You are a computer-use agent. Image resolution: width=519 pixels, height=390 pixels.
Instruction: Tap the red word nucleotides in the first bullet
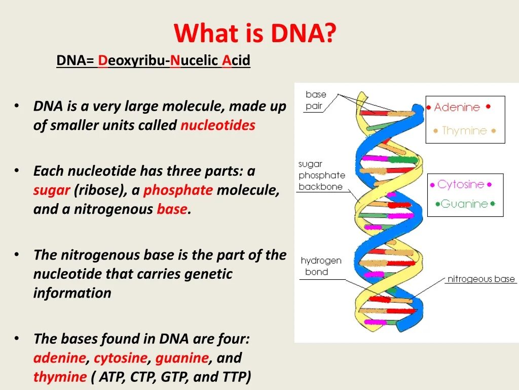pyautogui.click(x=218, y=125)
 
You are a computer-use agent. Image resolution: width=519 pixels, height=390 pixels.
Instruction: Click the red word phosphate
pyautogui.click(x=178, y=190)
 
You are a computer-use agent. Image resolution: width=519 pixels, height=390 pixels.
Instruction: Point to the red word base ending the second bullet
pyautogui.click(x=172, y=209)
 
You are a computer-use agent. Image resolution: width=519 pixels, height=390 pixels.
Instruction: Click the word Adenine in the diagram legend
pyautogui.click(x=457, y=107)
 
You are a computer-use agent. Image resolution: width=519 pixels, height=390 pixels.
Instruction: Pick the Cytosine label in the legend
pyautogui.click(x=461, y=184)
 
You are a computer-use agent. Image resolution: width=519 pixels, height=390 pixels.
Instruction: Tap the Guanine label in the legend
pyautogui.click(x=464, y=204)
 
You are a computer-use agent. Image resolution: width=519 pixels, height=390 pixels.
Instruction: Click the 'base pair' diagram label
pyautogui.click(x=315, y=100)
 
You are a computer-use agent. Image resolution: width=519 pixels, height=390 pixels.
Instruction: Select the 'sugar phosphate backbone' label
pyautogui.click(x=321, y=175)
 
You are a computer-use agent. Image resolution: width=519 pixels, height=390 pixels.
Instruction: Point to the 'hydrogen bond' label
pyautogui.click(x=321, y=266)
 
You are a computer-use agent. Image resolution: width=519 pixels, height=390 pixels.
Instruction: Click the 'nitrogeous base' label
pyautogui.click(x=481, y=279)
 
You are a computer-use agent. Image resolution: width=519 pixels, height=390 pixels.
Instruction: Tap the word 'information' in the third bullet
pyautogui.click(x=72, y=293)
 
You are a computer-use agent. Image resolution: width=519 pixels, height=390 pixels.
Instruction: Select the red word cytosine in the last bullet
pyautogui.click(x=121, y=358)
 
